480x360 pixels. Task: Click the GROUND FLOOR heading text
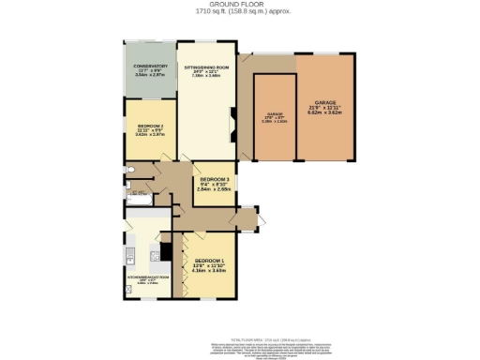(x=239, y=4)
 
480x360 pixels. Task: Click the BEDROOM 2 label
(x=150, y=126)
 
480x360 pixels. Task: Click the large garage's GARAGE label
(x=325, y=101)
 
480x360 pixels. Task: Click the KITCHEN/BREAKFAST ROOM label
(x=147, y=277)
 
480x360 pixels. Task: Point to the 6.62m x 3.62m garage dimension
(x=325, y=112)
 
